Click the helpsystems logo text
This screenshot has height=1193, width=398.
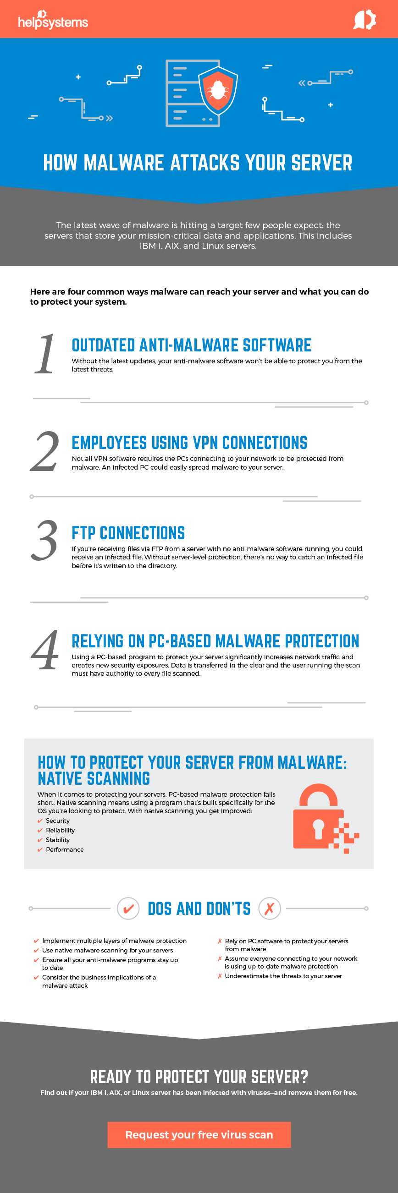tap(53, 20)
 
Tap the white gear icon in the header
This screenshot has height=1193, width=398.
tap(365, 20)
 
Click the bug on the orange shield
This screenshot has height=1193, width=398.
tap(218, 90)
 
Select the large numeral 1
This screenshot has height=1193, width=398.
tap(45, 354)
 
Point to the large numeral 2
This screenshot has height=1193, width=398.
tap(44, 451)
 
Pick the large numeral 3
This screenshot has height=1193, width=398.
tap(44, 541)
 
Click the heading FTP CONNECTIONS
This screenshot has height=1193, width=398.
tap(128, 533)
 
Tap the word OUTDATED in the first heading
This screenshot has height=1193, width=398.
tap(103, 345)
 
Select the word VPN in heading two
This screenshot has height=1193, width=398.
tap(205, 443)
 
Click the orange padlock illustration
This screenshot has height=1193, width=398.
tap(326, 818)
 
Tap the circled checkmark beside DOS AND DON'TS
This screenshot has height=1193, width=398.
tap(128, 908)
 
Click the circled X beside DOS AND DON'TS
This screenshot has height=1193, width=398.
tap(270, 908)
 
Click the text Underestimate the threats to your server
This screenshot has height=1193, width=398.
tap(283, 976)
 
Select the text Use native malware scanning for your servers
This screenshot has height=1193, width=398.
tap(107, 950)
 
